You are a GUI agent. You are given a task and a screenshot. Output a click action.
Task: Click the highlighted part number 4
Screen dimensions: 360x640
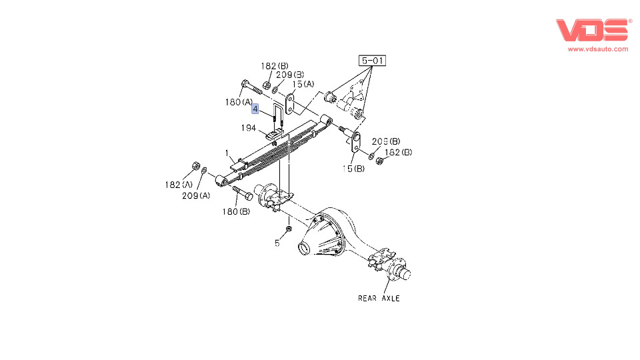click(255, 108)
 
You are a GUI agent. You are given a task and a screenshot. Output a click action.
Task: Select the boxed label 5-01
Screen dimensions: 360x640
click(373, 61)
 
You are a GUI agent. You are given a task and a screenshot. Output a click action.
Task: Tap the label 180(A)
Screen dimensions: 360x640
click(239, 102)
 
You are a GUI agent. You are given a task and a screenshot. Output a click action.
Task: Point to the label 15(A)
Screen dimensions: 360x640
click(303, 84)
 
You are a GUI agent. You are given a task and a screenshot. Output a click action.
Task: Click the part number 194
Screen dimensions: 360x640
click(249, 127)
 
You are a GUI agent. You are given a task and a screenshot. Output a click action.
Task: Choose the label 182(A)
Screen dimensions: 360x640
click(178, 185)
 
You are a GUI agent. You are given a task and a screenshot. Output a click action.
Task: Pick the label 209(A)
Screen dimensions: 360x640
click(197, 195)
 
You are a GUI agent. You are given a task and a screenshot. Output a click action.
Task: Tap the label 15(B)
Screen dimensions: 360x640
click(354, 169)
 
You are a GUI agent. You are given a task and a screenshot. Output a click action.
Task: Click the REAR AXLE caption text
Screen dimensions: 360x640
click(379, 298)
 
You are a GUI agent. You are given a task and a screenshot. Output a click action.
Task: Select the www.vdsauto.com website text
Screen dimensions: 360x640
click(598, 49)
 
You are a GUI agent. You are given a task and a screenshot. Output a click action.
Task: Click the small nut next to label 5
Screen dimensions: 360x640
click(288, 229)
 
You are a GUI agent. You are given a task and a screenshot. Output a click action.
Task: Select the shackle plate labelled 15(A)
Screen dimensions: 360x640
click(291, 103)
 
